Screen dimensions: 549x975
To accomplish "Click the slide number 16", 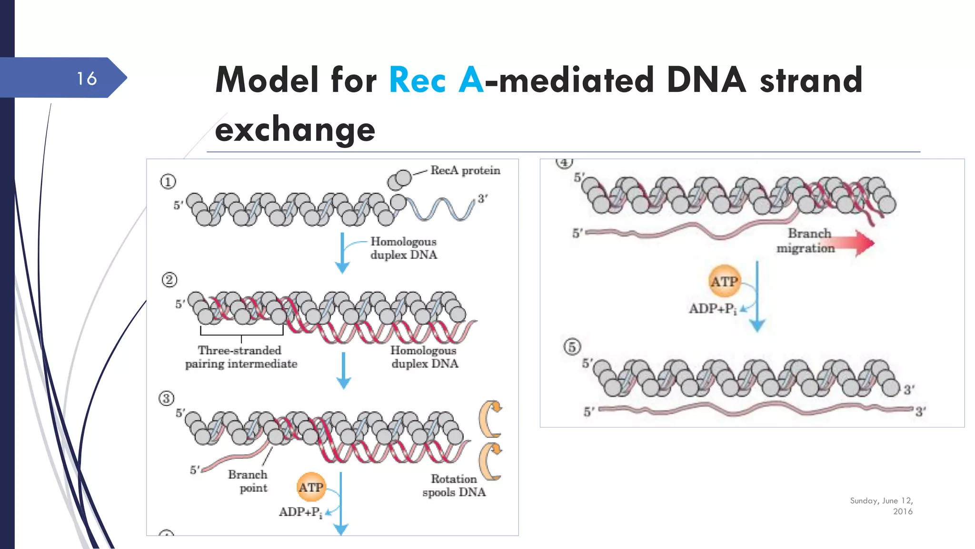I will tap(87, 79).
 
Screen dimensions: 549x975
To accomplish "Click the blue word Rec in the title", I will tap(418, 80).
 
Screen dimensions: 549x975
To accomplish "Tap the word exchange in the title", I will tap(295, 130).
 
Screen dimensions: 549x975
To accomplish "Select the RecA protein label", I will tap(465, 171).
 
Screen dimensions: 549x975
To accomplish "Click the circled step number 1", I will tap(168, 182).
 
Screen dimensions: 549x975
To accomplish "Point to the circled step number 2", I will tap(169, 280).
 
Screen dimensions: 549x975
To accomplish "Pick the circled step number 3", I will tap(166, 398).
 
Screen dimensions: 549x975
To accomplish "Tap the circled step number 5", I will tap(572, 346).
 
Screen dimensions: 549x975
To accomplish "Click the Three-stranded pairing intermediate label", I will tap(241, 357).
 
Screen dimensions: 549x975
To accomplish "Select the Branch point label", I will tap(249, 481).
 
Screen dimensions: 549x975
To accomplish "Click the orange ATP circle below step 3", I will tap(311, 487).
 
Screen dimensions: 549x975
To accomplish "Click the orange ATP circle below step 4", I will tap(724, 282).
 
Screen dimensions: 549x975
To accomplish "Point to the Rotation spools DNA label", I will tap(454, 485).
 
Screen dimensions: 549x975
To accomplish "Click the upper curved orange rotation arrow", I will tap(491, 419).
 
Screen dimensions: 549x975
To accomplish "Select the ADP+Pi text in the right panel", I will tap(713, 309).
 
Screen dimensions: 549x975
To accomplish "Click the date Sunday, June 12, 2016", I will tap(882, 506).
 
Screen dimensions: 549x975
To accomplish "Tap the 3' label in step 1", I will tap(482, 199).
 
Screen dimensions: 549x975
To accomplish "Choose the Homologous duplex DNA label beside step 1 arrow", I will tap(403, 248).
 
